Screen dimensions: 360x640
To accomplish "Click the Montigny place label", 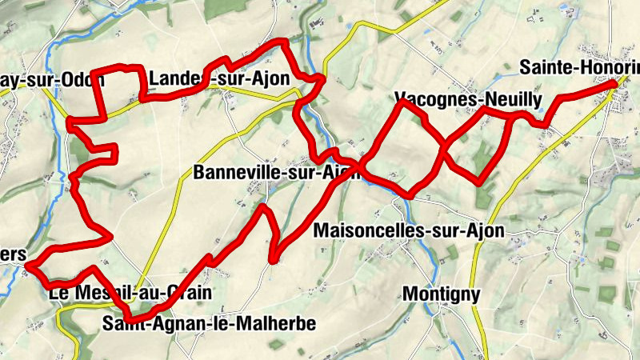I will [441, 294].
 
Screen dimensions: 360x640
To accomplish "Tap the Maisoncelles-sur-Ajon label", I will [410, 231].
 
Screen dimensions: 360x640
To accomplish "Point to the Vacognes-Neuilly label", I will [469, 99].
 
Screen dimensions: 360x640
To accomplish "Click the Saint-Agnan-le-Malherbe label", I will [210, 323].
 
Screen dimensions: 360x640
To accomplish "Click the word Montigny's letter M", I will [410, 294].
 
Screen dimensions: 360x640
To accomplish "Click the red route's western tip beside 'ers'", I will [28, 265].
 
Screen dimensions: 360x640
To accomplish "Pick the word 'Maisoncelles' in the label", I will [363, 231].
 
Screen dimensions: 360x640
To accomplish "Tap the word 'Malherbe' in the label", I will [279, 323].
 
